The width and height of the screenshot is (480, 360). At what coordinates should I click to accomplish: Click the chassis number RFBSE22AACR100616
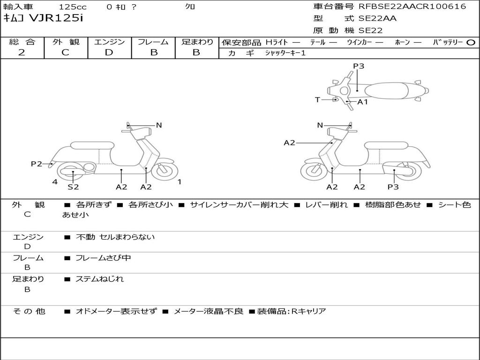click(x=412, y=7)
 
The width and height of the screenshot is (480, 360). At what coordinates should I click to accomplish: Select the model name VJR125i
click(x=56, y=19)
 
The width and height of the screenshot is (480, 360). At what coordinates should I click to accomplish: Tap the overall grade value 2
click(x=22, y=52)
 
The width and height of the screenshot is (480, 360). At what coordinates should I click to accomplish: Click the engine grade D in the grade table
click(x=109, y=52)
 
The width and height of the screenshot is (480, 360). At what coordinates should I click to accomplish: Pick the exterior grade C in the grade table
click(x=65, y=52)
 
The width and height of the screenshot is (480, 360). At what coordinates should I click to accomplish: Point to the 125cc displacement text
click(x=69, y=7)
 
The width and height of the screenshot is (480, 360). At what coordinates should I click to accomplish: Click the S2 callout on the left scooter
click(x=73, y=187)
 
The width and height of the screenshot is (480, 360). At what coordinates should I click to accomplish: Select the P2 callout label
click(x=37, y=164)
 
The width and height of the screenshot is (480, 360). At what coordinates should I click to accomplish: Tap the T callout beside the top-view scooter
click(x=317, y=100)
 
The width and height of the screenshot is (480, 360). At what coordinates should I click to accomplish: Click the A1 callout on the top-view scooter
click(x=363, y=102)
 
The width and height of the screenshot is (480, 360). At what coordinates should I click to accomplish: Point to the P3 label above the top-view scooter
click(x=359, y=66)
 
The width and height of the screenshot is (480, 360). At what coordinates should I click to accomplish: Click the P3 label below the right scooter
click(x=393, y=187)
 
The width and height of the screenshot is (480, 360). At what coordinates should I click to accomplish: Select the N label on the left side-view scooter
click(x=159, y=125)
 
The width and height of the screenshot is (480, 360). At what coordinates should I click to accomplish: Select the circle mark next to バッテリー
click(x=471, y=42)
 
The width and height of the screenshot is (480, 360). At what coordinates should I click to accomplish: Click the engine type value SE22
click(x=371, y=30)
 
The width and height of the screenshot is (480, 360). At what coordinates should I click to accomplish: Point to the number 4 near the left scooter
click(x=55, y=182)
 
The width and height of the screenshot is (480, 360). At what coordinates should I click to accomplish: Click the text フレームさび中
click(x=103, y=258)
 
